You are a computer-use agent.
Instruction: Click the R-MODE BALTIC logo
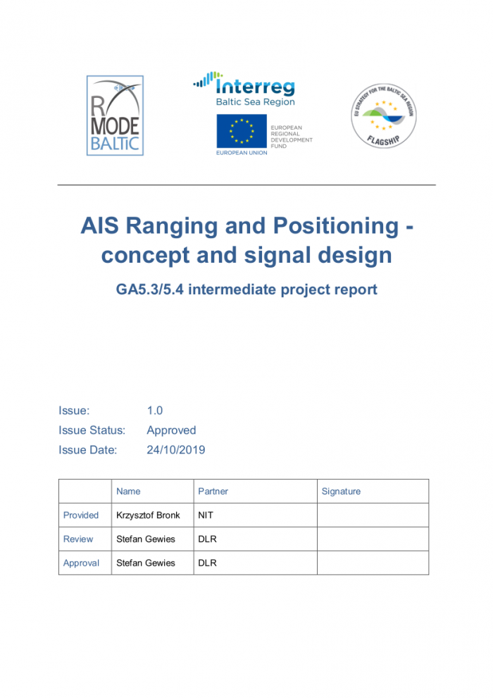click(115, 116)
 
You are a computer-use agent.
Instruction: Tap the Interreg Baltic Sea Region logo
click(244, 89)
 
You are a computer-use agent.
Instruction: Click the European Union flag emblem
click(241, 131)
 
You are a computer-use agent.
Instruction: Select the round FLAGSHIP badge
click(383, 116)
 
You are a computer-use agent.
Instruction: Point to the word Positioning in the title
click(320, 226)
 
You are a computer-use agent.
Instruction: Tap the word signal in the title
click(277, 254)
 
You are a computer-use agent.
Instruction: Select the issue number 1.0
click(155, 411)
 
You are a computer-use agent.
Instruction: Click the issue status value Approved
click(171, 430)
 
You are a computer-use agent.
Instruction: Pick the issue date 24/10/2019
click(176, 450)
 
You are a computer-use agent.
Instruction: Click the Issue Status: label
click(92, 430)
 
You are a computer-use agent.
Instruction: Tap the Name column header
click(128, 492)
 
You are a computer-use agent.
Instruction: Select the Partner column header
click(213, 492)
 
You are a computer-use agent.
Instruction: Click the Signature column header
click(341, 492)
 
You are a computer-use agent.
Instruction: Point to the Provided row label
click(81, 516)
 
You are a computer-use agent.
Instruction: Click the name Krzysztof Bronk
click(148, 516)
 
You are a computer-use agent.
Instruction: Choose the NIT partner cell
click(206, 516)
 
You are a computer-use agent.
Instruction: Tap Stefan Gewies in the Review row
click(146, 540)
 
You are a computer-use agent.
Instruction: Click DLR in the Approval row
click(207, 563)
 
